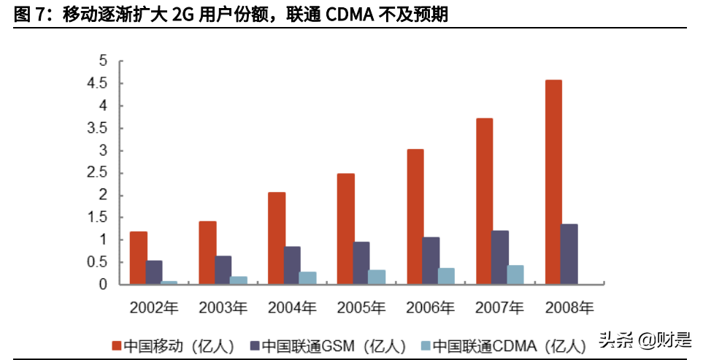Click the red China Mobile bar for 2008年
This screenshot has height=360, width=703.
pos(553,182)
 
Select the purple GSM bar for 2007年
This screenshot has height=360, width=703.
pos(500,257)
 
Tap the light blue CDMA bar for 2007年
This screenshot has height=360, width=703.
pos(515,275)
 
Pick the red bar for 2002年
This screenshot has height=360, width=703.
pos(139,258)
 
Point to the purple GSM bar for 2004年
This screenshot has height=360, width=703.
pos(292,265)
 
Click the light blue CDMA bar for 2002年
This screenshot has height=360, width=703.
pos(169,282)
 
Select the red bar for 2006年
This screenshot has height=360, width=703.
pos(415,216)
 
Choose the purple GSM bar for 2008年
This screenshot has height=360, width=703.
pos(569,254)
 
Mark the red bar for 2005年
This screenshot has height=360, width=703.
pos(346,229)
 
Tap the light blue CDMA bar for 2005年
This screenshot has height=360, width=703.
pos(377,277)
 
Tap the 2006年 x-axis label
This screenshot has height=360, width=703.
pos(429,307)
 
